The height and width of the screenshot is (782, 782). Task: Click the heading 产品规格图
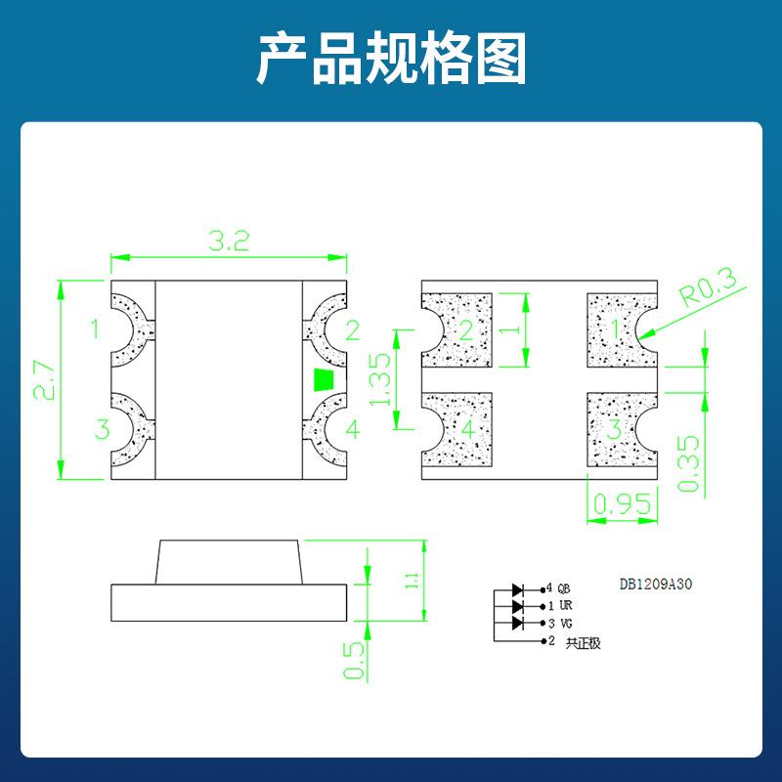coord(392,58)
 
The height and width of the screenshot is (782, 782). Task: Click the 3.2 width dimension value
coord(229,241)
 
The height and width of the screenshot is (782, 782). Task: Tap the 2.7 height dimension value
coord(44,379)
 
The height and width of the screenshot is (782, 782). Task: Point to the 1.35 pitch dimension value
coord(380,379)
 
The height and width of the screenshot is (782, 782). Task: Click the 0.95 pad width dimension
coord(623,504)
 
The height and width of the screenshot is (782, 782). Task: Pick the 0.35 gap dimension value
coord(688,463)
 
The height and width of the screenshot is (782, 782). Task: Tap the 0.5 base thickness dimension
coord(355,660)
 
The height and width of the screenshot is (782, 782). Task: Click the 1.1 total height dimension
coord(412,581)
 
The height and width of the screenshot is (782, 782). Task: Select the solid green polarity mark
coord(324,379)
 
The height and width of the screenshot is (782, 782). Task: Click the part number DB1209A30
coord(656,584)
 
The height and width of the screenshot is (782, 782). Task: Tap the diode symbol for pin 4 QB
coord(518,590)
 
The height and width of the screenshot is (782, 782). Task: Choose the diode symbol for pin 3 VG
coord(518,623)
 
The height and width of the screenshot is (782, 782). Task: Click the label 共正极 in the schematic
coord(583,643)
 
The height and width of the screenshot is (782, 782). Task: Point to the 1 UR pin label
coord(560,606)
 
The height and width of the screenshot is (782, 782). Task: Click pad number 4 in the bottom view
coord(467,429)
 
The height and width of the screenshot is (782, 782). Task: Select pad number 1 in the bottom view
coord(616,329)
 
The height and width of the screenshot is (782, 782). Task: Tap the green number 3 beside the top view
coord(103,429)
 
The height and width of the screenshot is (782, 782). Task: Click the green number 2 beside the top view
coord(353,330)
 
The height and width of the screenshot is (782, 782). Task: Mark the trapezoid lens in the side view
coord(230,562)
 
